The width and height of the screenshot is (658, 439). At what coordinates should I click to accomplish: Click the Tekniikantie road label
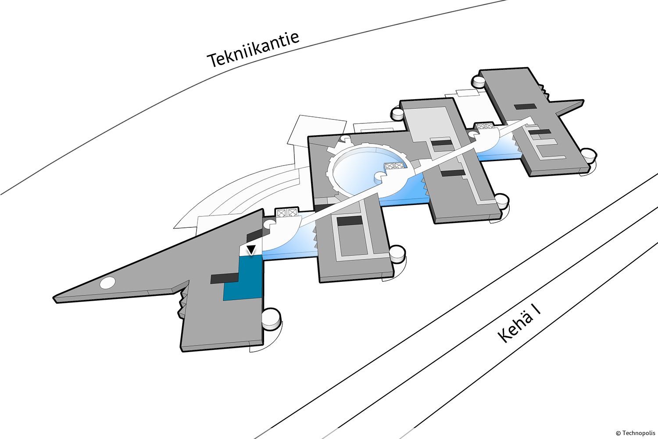(x=254, y=50)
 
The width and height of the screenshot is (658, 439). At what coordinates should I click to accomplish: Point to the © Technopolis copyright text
(x=635, y=432)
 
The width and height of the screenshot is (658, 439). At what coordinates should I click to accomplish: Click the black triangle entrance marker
(x=251, y=250)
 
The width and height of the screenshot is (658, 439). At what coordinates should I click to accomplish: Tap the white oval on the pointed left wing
(x=108, y=284)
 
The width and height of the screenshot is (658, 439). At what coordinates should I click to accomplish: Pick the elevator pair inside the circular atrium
(x=393, y=166)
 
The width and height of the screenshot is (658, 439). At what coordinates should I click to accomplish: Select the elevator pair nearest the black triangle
(x=286, y=213)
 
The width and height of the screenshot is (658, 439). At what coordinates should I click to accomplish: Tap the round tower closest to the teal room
(x=271, y=318)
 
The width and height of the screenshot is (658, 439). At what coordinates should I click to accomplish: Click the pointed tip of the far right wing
(x=582, y=102)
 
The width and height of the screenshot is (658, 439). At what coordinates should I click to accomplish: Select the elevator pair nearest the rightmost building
(x=485, y=126)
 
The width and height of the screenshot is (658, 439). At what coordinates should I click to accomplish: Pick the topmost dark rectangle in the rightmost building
(x=525, y=106)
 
